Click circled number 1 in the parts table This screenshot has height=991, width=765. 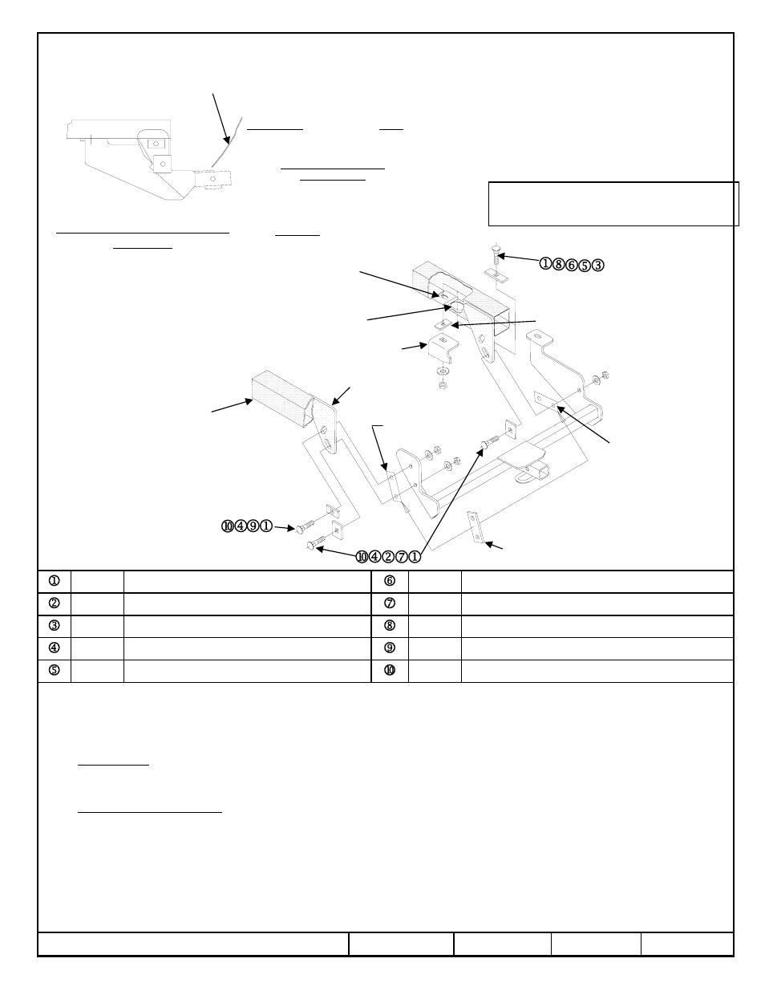(x=55, y=581)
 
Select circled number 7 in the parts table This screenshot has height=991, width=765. (x=390, y=603)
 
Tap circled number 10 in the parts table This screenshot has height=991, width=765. (x=390, y=671)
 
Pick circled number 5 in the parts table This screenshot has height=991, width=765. (x=55, y=671)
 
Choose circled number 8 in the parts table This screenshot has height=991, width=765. (x=390, y=626)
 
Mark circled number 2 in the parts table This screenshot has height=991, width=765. (x=55, y=603)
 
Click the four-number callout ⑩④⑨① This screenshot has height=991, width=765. (x=247, y=526)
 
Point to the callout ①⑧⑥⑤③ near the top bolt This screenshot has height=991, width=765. (x=571, y=265)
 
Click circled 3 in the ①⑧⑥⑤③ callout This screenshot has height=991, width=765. (x=598, y=265)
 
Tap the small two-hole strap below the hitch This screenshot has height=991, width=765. (x=478, y=528)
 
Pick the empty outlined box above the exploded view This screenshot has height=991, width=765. (x=613, y=204)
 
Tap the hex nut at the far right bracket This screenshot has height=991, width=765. (x=607, y=373)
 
